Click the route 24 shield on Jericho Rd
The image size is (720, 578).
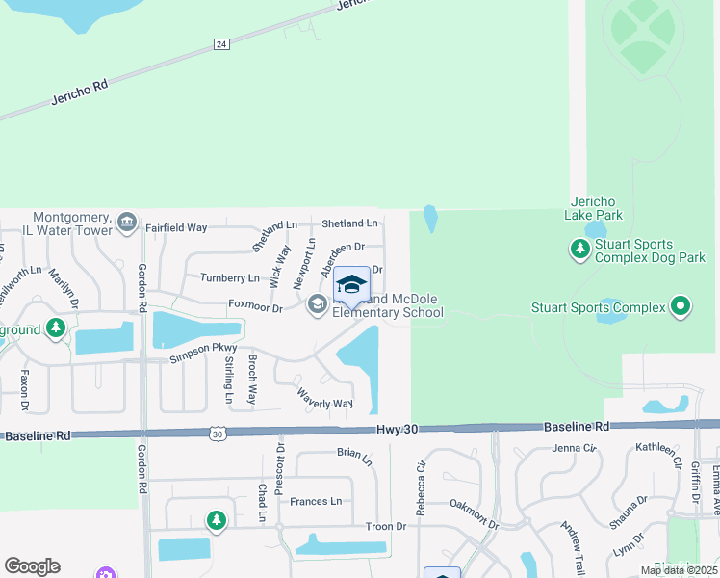point(220,44)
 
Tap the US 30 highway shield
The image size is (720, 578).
point(218,434)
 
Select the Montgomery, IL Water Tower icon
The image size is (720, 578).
point(126,223)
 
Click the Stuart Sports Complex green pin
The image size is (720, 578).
point(681,307)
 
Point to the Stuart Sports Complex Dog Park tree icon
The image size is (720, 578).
point(579,250)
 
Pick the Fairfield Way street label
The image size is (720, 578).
point(176,228)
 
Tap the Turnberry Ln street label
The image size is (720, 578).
point(229,277)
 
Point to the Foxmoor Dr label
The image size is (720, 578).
point(255,307)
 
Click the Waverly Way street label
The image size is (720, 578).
point(324,396)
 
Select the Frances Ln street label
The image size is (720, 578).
point(316,501)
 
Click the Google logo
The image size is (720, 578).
point(32,565)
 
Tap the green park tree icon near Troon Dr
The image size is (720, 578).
point(217,521)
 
